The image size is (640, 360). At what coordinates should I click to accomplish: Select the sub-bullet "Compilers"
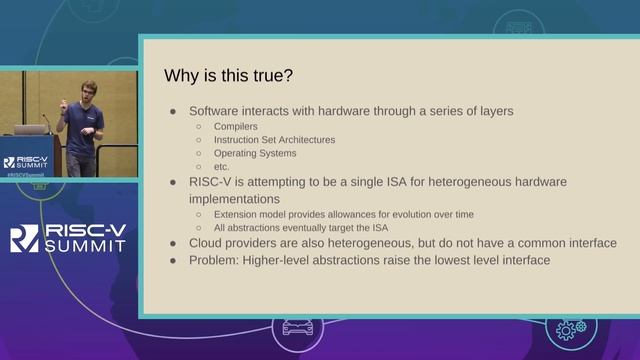pyautogui.click(x=237, y=127)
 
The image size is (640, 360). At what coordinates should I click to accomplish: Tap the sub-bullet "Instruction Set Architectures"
pyautogui.click(x=275, y=140)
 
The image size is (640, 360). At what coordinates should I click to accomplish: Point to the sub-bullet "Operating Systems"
pyautogui.click(x=256, y=153)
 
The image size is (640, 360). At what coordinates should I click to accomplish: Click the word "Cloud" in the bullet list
pyautogui.click(x=208, y=243)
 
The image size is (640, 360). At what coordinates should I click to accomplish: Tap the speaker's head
pyautogui.click(x=89, y=90)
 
